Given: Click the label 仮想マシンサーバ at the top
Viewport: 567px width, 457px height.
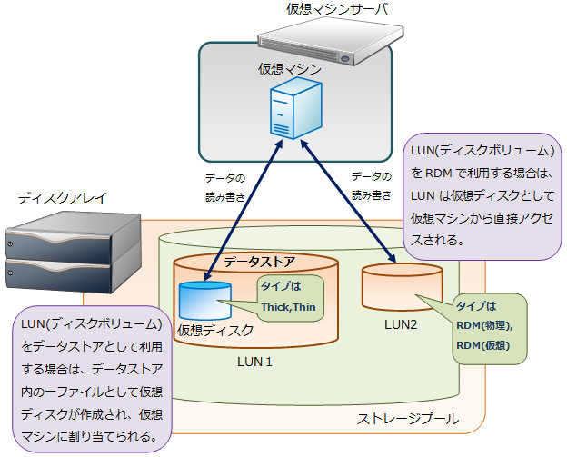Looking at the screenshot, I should [x=323, y=9].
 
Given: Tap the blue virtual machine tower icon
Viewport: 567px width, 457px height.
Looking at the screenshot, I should [x=295, y=108].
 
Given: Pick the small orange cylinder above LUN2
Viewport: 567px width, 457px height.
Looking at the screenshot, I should [x=400, y=284].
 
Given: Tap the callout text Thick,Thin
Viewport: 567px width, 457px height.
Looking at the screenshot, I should [x=288, y=306].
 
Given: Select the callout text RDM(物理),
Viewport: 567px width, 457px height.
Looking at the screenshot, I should [x=484, y=325].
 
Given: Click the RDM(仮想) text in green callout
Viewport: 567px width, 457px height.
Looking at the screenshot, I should [x=484, y=345].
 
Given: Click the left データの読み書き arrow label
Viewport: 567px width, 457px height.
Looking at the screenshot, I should [x=224, y=185].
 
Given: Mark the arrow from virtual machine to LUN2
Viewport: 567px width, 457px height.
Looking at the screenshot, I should [x=354, y=202].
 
